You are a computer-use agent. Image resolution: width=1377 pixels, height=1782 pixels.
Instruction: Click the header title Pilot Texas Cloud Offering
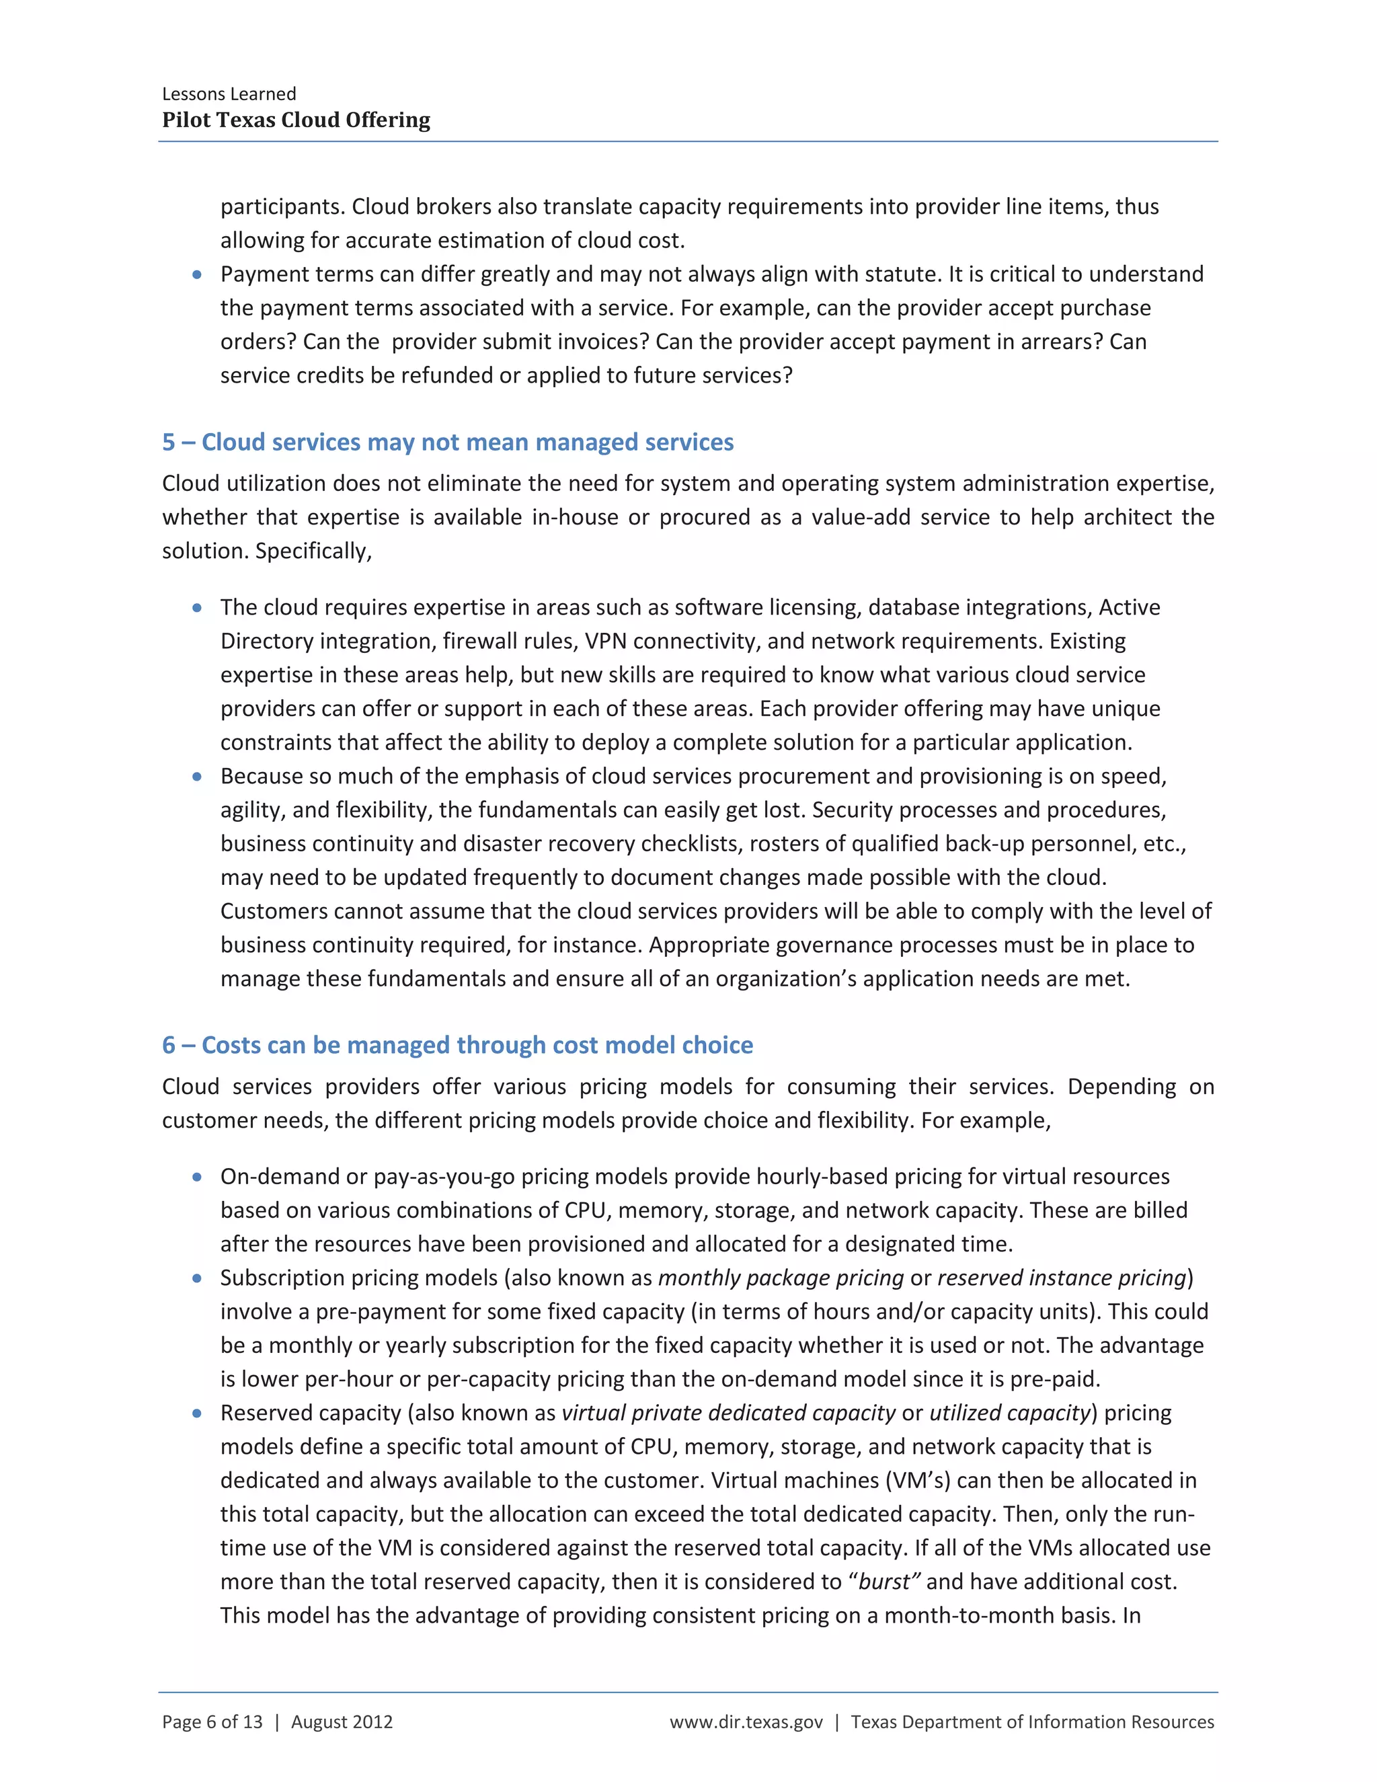point(296,120)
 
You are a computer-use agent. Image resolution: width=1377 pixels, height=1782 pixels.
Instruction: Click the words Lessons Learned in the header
point(229,94)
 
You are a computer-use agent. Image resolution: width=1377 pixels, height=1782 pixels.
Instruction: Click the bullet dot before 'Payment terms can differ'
point(196,275)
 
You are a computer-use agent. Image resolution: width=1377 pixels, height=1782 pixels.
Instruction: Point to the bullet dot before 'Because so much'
point(196,777)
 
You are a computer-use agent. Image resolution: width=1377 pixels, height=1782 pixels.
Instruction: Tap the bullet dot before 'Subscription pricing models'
point(196,1278)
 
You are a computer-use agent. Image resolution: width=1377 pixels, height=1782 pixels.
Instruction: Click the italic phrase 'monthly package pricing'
point(781,1278)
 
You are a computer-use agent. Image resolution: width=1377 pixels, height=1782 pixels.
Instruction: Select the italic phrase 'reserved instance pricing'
point(1061,1278)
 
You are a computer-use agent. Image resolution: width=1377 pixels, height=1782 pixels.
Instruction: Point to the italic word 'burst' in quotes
point(884,1582)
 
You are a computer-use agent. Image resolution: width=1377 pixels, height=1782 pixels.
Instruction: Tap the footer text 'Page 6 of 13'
point(212,1721)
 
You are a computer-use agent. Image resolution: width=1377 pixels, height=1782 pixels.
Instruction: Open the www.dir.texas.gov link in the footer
point(746,1721)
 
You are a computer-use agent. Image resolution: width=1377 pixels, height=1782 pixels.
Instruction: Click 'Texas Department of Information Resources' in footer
point(1032,1721)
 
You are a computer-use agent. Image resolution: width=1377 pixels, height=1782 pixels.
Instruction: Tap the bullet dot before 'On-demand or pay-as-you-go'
point(196,1177)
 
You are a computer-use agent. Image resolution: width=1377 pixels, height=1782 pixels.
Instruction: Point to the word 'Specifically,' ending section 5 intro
point(313,551)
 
